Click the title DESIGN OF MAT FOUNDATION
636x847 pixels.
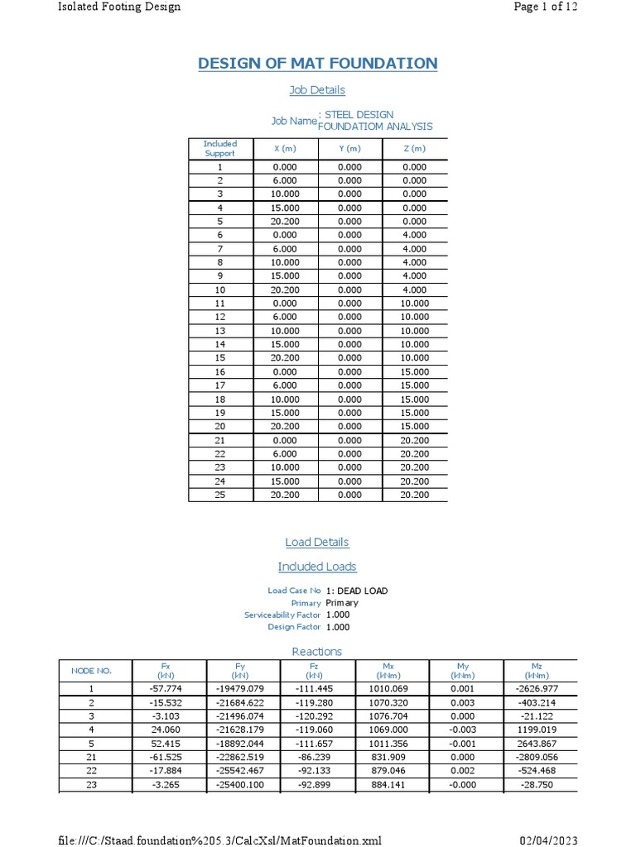click(317, 64)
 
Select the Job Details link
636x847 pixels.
click(317, 89)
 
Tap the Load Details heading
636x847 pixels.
click(317, 542)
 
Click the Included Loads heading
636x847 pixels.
click(317, 567)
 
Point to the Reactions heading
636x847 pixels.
click(317, 651)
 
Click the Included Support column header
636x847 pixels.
click(220, 148)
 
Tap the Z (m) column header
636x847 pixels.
click(414, 149)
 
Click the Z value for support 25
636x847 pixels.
click(414, 495)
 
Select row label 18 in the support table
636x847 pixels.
click(220, 399)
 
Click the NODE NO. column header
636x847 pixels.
click(92, 670)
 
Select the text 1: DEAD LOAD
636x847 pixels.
click(357, 591)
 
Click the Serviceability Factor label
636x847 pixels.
click(282, 615)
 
